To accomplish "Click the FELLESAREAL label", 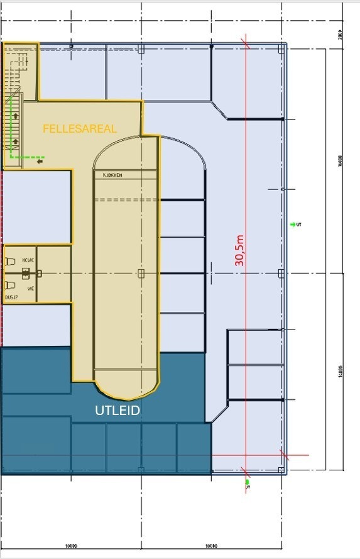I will pyautogui.click(x=80, y=129).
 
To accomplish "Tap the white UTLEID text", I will pyautogui.click(x=117, y=411).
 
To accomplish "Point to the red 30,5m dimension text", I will pyautogui.click(x=239, y=250).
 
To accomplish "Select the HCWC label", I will pyautogui.click(x=28, y=260).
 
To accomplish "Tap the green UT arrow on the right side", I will pyautogui.click(x=293, y=224).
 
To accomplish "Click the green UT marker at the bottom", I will pyautogui.click(x=247, y=482).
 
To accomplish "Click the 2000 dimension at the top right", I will pyautogui.click(x=339, y=35).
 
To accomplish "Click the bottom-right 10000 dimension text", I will pyautogui.click(x=212, y=546).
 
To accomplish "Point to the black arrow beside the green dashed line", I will pyautogui.click(x=40, y=162).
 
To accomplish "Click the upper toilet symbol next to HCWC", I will pyautogui.click(x=11, y=261).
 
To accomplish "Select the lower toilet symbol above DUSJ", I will pyautogui.click(x=11, y=285).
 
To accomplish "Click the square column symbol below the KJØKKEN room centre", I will pyautogui.click(x=141, y=273).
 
